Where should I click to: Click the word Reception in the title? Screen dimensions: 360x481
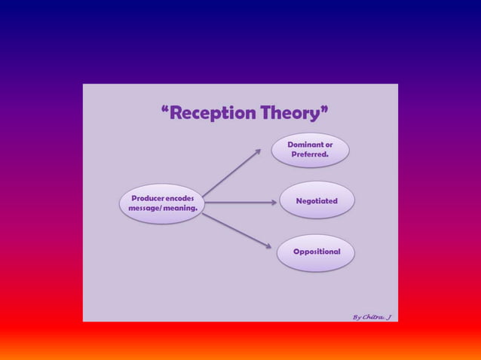(x=213, y=114)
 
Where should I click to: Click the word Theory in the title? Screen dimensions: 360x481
(x=291, y=114)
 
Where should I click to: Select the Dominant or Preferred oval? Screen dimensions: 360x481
(x=311, y=149)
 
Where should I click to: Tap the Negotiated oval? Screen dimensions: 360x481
(x=316, y=201)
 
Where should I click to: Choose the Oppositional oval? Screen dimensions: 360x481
(x=316, y=252)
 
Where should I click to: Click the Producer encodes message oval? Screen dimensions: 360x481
(x=161, y=203)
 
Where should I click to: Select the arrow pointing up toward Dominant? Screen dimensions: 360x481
(x=232, y=172)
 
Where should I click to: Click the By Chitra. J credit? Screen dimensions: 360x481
(x=372, y=316)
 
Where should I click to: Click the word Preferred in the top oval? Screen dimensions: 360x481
(x=310, y=154)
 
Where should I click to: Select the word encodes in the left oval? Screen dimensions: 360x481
(x=181, y=198)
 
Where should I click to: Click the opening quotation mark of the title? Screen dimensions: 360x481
(x=164, y=111)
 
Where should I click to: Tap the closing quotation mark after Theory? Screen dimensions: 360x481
(x=325, y=111)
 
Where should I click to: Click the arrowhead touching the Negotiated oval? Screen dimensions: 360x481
(x=273, y=202)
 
